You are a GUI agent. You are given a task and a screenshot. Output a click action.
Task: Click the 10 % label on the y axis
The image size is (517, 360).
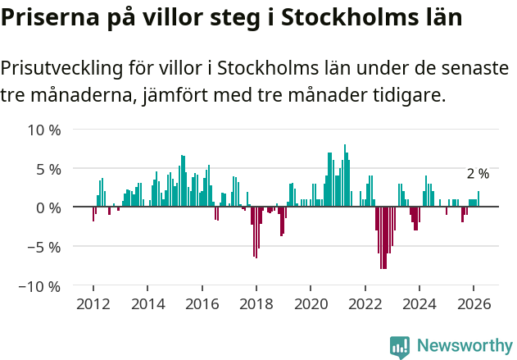(x=44, y=130)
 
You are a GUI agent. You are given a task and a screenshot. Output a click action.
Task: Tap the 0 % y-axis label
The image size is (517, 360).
(x=48, y=208)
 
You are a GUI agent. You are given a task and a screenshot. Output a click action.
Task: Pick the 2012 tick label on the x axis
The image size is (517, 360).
(x=93, y=303)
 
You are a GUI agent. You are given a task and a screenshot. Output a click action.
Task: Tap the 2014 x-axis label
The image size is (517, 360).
(x=147, y=303)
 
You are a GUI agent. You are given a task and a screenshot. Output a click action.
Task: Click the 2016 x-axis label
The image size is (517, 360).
(x=202, y=303)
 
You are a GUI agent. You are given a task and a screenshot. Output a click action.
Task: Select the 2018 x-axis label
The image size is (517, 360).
(x=256, y=303)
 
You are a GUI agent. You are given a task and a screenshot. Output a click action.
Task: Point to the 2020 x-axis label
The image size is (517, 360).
(x=311, y=303)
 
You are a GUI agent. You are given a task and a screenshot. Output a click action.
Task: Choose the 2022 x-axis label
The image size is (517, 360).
(x=365, y=303)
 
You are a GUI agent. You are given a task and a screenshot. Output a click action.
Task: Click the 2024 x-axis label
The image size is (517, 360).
(x=419, y=303)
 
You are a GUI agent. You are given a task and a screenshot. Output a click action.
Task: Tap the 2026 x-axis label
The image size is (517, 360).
(x=474, y=303)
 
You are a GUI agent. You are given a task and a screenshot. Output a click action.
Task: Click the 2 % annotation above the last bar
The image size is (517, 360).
(x=478, y=174)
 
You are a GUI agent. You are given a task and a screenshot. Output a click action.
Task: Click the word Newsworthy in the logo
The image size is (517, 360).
(x=464, y=346)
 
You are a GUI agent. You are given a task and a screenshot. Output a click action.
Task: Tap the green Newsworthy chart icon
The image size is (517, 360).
(x=400, y=347)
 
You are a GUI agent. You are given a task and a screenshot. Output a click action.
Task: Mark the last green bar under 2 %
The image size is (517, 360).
(x=478, y=199)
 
